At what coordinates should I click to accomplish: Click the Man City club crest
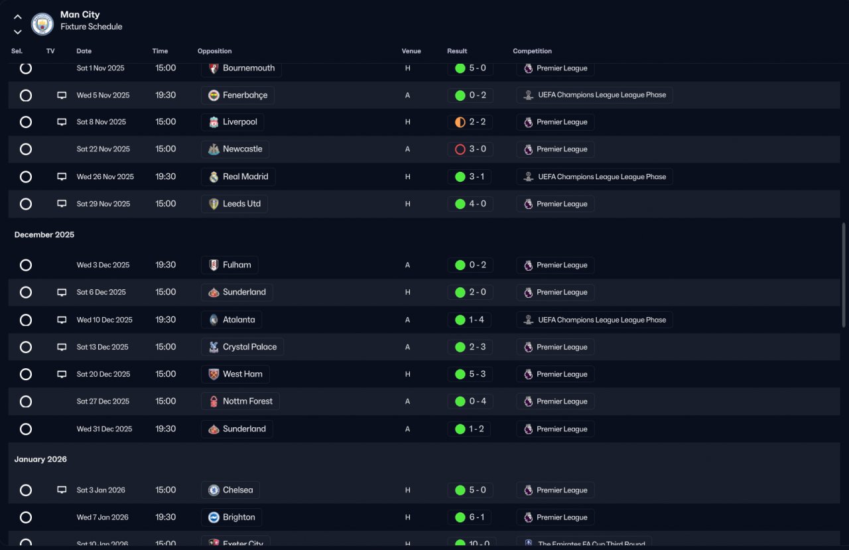[x=42, y=24]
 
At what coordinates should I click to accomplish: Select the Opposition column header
[x=214, y=51]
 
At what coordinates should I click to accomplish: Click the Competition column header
[x=532, y=51]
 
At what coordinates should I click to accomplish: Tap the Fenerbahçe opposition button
[x=237, y=96]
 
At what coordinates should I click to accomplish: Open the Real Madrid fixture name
[x=238, y=177]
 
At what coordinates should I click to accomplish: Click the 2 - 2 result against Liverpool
[x=470, y=122]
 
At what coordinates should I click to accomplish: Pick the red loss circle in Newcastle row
[x=460, y=149]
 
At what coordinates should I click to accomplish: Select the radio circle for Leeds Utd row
[x=26, y=204]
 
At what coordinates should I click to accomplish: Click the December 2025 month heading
[x=44, y=235]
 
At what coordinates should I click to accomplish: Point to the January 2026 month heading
[x=40, y=459]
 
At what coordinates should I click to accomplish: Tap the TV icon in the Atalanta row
[x=62, y=320]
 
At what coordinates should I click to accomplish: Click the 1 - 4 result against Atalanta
[x=470, y=320]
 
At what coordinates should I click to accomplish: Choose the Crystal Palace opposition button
[x=242, y=347]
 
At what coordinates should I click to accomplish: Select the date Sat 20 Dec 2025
[x=103, y=374]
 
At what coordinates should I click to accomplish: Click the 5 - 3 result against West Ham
[x=470, y=374]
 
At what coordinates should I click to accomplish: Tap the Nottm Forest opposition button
[x=240, y=401]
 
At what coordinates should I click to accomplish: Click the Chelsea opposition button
[x=230, y=490]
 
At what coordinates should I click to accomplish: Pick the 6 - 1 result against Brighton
[x=470, y=517]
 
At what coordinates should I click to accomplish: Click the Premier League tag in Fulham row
[x=555, y=265]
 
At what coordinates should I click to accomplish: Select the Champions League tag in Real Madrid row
[x=594, y=177]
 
